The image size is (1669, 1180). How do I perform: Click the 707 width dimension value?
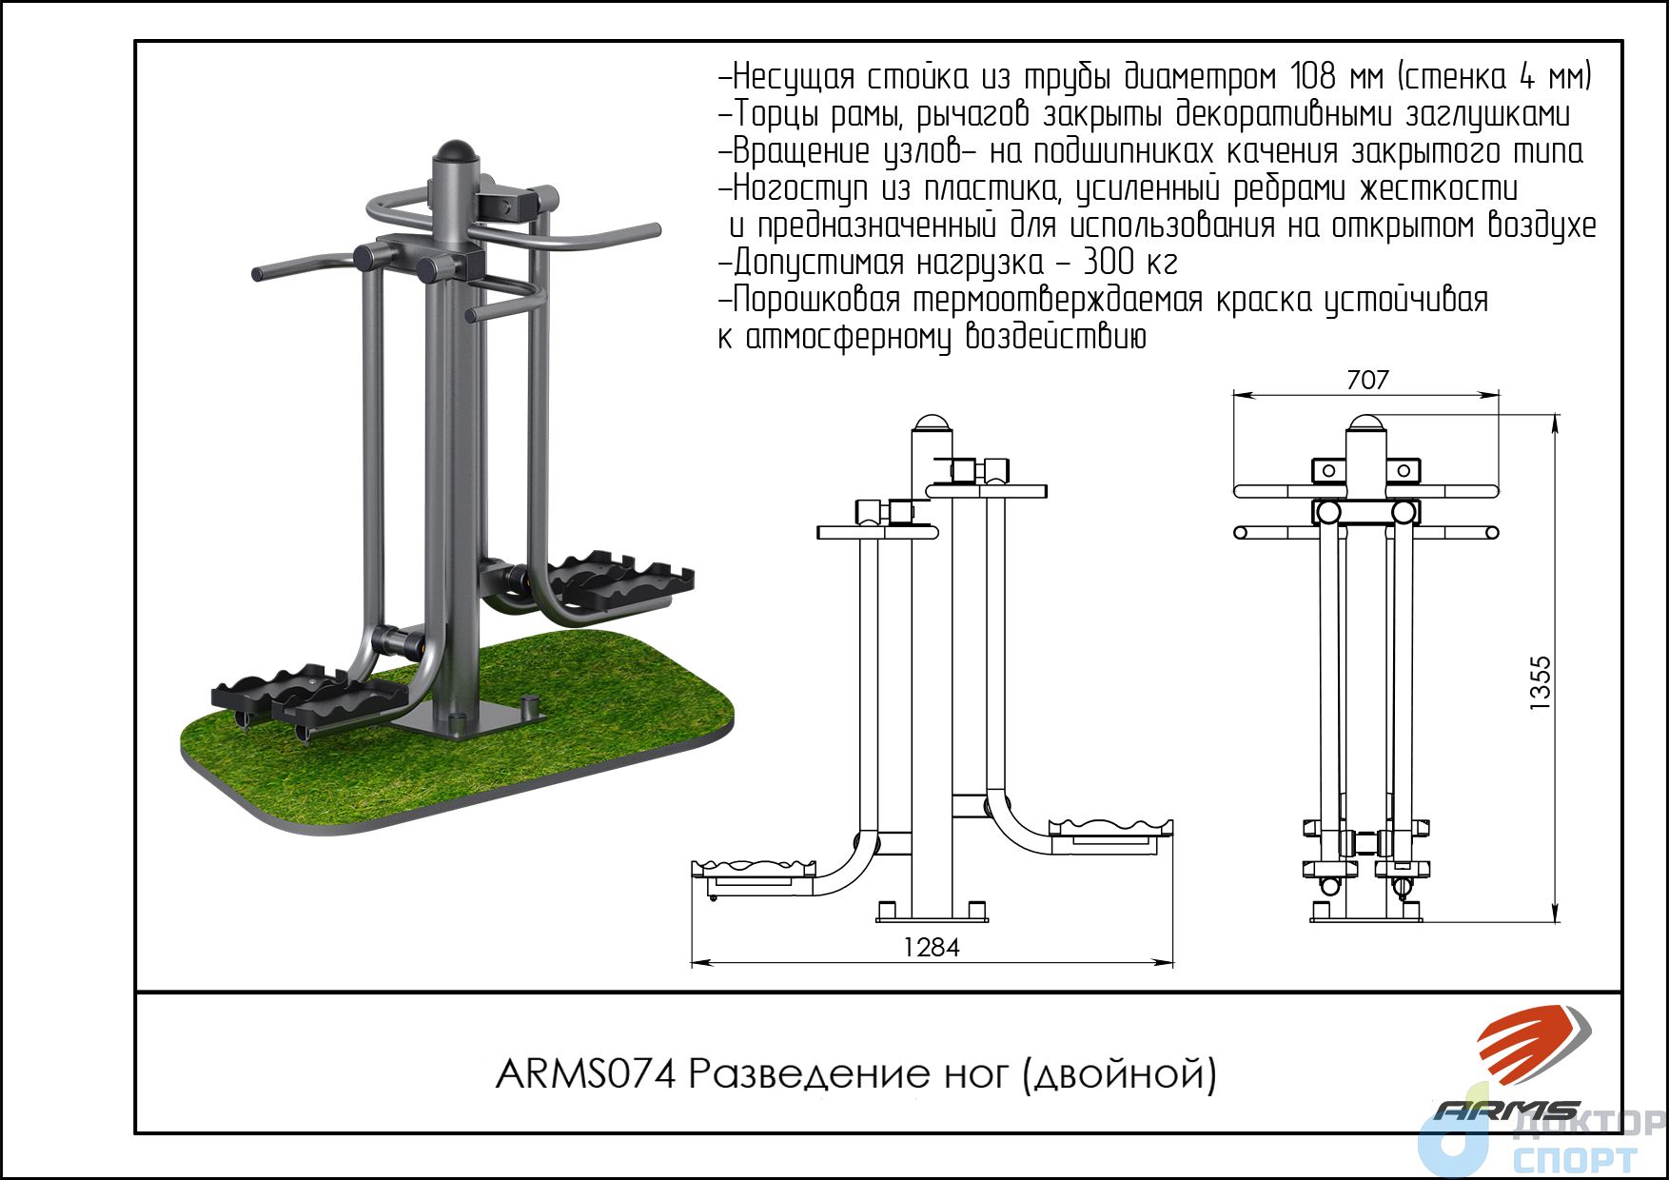(x=1367, y=380)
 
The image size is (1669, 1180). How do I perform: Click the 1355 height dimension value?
(x=1540, y=683)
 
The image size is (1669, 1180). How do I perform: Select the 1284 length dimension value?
(x=932, y=947)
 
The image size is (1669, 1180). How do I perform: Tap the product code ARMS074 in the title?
(x=586, y=1074)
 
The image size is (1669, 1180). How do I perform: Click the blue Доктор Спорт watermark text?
(x=1575, y=1141)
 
